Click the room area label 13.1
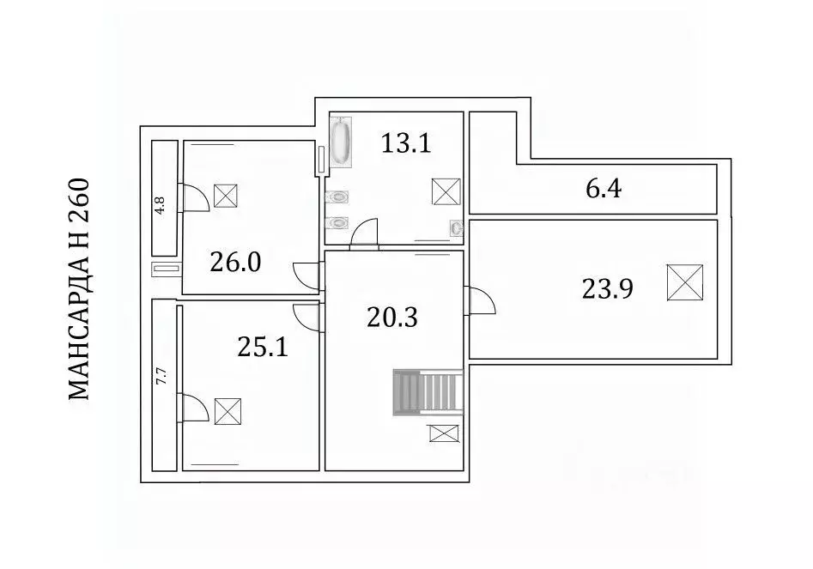(406, 143)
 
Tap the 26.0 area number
(235, 263)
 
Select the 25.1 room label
(263, 347)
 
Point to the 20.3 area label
(392, 318)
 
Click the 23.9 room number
(607, 288)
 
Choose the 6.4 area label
(604, 188)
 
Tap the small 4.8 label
(161, 206)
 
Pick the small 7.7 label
(161, 376)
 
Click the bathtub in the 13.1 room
(341, 142)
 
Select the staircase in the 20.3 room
(428, 392)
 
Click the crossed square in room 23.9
(685, 282)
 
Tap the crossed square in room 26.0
(226, 196)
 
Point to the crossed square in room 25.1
(228, 411)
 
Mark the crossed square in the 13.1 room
(446, 191)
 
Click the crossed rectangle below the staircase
(445, 433)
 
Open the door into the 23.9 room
(482, 301)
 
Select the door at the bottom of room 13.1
(365, 233)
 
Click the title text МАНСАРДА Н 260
(79, 289)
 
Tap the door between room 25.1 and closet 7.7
(193, 408)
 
